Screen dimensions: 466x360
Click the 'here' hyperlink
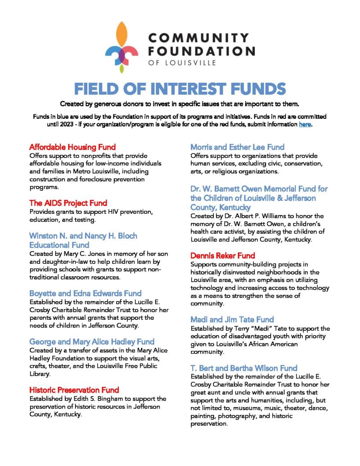point(305,124)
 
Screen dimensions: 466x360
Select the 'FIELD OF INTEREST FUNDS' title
point(180,89)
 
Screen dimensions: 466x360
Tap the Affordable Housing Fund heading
point(72,147)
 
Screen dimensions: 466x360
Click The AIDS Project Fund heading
point(68,203)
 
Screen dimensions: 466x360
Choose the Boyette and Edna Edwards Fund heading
point(85,293)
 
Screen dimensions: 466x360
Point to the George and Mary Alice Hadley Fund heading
point(92,341)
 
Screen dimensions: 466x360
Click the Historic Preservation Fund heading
point(74,389)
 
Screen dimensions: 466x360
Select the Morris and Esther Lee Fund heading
point(237,147)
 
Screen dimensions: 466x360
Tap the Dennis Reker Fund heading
point(223,255)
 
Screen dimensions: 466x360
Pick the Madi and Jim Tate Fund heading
point(232,320)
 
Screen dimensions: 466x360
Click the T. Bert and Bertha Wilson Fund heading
point(244,368)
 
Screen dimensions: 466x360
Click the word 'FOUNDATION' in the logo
point(201,50)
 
